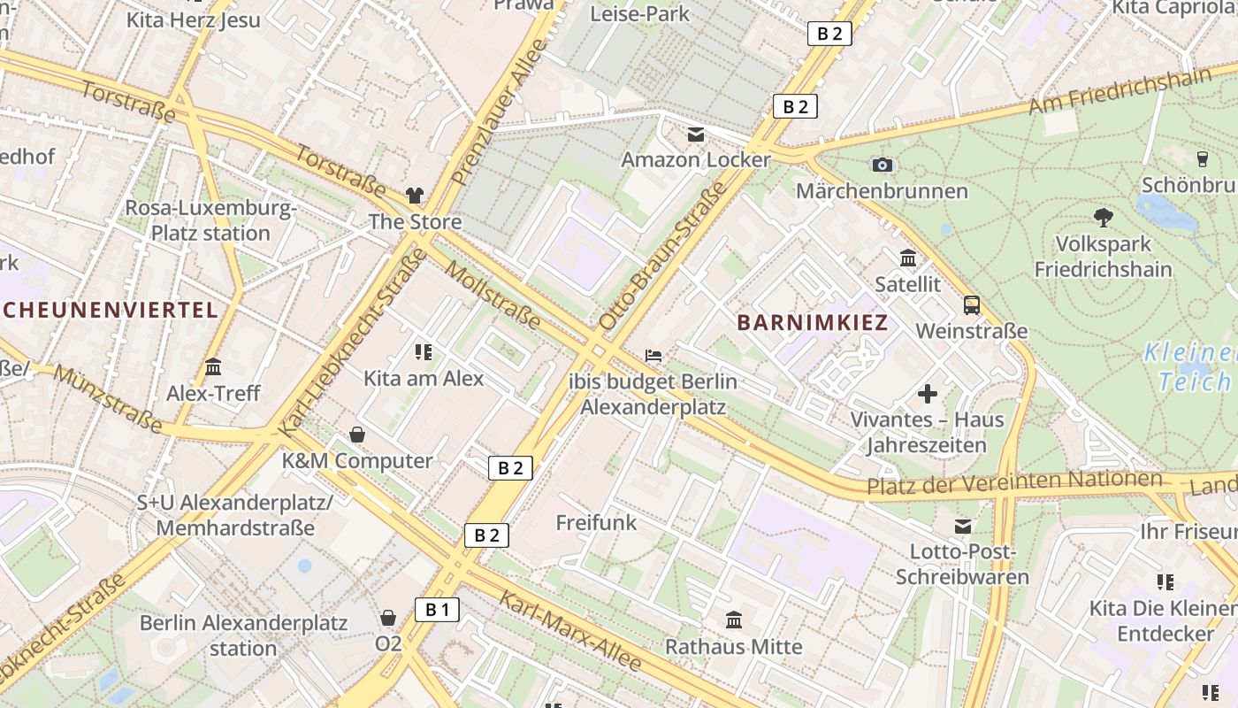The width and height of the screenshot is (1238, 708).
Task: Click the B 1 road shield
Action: pyautogui.click(x=438, y=609)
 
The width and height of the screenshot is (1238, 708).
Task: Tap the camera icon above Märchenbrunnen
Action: pyautogui.click(x=882, y=165)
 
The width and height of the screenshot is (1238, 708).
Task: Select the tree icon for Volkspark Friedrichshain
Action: pyautogui.click(x=1103, y=216)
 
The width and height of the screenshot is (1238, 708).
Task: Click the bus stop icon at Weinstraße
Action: pyautogui.click(x=972, y=305)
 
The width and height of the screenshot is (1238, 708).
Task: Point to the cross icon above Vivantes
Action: pyautogui.click(x=928, y=393)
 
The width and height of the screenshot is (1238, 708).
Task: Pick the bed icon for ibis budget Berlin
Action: pyautogui.click(x=653, y=356)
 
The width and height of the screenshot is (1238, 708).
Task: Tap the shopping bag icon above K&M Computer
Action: pyautogui.click(x=357, y=435)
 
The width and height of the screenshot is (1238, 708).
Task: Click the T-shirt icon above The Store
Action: pyautogui.click(x=415, y=195)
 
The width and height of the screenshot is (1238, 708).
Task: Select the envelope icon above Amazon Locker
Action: pyautogui.click(x=696, y=135)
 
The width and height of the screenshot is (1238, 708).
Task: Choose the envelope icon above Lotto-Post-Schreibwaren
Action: pyautogui.click(x=963, y=527)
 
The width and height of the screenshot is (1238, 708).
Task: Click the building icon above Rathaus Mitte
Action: pyautogui.click(x=734, y=619)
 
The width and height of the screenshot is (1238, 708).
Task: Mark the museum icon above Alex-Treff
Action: pyautogui.click(x=213, y=366)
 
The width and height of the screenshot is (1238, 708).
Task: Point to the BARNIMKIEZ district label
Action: pyautogui.click(x=813, y=322)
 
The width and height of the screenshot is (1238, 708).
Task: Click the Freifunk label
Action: pyautogui.click(x=596, y=522)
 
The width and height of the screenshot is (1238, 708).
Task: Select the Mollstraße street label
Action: pyautogui.click(x=493, y=296)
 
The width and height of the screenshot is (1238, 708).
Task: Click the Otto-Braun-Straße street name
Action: pyautogui.click(x=661, y=256)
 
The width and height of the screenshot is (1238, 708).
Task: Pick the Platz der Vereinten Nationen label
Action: pyautogui.click(x=1013, y=482)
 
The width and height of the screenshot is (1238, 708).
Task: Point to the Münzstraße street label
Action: pyautogui.click(x=107, y=398)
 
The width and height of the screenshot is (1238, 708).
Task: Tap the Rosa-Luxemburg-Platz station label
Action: pyautogui.click(x=210, y=220)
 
